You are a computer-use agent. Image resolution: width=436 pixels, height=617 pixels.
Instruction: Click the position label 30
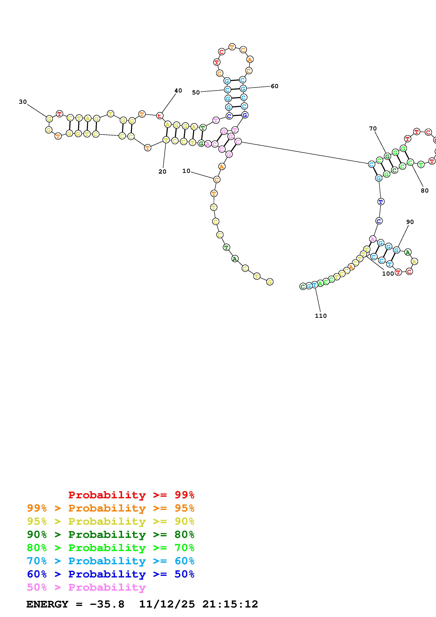23,102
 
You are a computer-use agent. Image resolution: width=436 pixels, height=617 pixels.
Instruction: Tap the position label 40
178,91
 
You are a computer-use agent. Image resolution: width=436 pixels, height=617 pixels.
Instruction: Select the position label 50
196,93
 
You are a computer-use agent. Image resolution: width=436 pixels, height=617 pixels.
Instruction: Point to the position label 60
274,86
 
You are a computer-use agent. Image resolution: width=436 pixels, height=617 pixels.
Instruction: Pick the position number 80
424,190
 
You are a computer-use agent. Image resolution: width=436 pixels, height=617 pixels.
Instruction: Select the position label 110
320,316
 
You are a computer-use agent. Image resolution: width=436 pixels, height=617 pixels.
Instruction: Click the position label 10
186,171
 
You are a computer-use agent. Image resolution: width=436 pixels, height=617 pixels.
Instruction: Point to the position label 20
162,172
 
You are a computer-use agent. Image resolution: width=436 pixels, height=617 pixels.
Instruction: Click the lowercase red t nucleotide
160,116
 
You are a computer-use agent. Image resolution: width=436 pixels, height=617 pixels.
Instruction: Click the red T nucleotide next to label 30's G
59,114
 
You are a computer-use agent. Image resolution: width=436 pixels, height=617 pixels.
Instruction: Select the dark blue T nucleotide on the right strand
381,202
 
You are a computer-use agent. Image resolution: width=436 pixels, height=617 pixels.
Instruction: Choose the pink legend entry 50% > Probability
86,587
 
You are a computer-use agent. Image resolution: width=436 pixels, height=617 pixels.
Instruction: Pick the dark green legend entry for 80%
111,535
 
